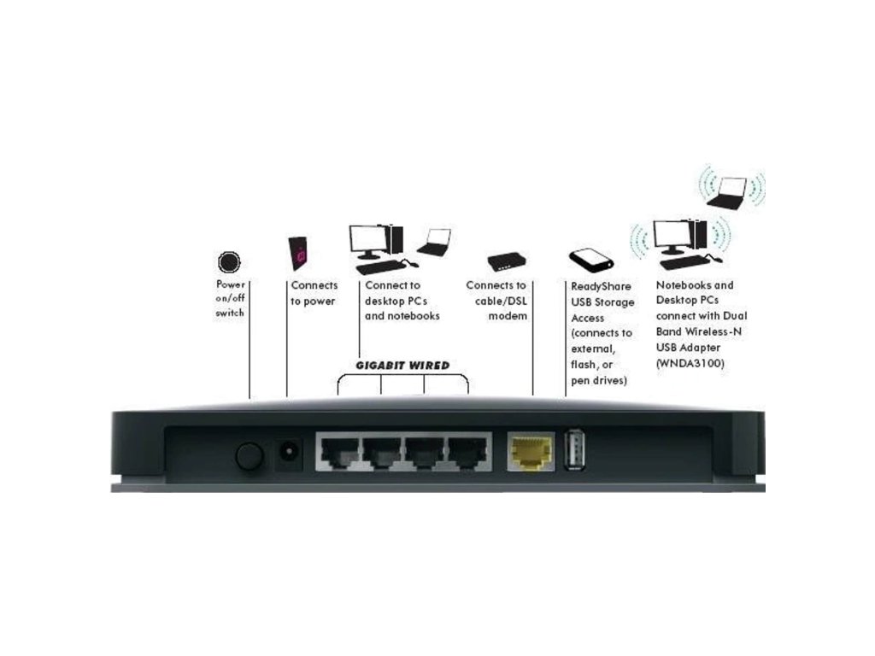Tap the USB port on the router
pyautogui.click(x=573, y=448)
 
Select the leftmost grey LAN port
pyautogui.click(x=338, y=450)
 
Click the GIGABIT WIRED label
pyautogui.click(x=402, y=366)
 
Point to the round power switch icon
pyautogui.click(x=230, y=261)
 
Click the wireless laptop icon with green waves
pyautogui.click(x=728, y=192)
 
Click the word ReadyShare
pyautogui.click(x=601, y=287)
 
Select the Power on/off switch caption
pyautogui.click(x=230, y=299)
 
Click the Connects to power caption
pyautogui.click(x=314, y=293)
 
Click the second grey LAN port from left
pyautogui.click(x=382, y=450)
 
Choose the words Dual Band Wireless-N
pyautogui.click(x=700, y=325)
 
